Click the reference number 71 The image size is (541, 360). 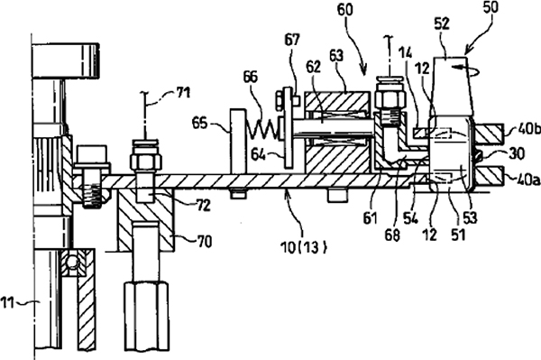182,93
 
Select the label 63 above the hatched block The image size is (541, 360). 336,55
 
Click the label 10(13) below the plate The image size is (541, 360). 304,247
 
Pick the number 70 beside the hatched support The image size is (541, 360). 204,242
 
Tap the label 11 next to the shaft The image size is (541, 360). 7,303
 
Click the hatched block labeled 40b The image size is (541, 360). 489,134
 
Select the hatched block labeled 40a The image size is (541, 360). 489,176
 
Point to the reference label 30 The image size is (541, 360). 517,153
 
